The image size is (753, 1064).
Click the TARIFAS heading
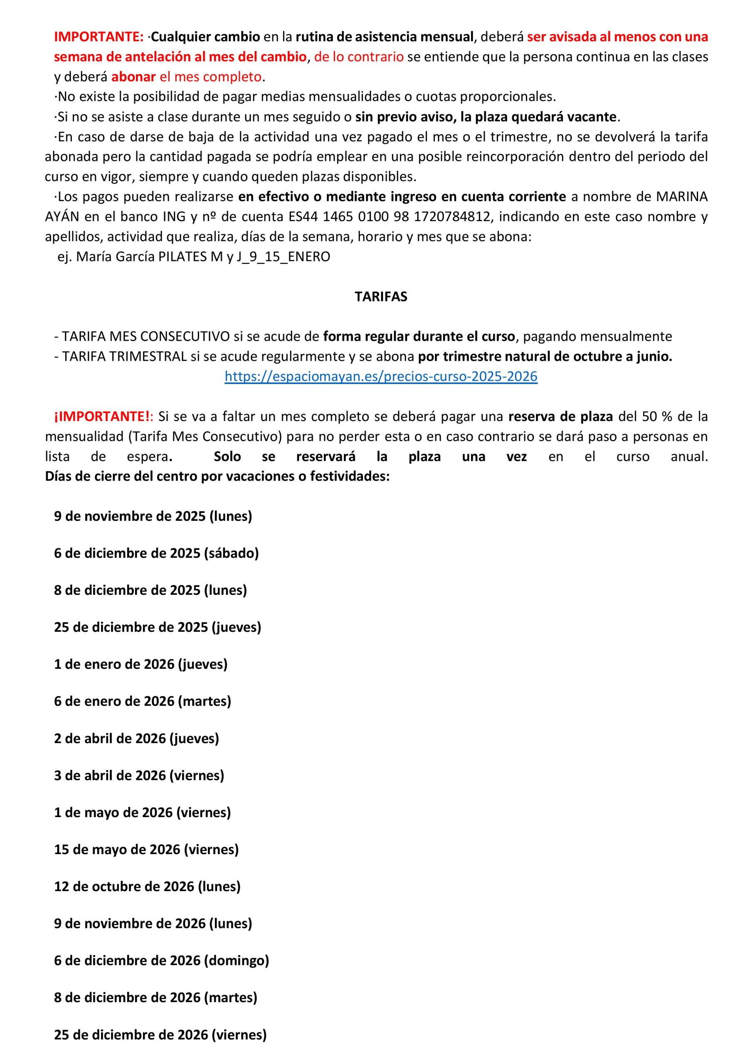pos(381,297)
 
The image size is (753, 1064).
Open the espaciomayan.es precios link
pos(381,376)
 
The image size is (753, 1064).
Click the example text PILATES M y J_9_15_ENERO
pos(244,257)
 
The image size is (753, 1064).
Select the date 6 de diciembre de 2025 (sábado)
pos(156,553)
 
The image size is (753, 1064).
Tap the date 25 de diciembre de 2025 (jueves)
pos(158,627)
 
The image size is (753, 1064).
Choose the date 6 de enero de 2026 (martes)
pos(142,701)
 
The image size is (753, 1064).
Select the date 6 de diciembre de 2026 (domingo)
pos(161,961)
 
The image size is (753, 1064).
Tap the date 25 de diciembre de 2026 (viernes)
pos(160,1035)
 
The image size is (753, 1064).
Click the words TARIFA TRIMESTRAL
pos(124,356)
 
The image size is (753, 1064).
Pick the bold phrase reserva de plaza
pos(560,416)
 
